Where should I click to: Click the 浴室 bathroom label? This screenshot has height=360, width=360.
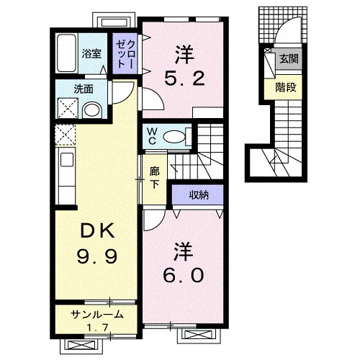point(91,53)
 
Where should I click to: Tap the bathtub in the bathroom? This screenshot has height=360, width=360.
point(66,53)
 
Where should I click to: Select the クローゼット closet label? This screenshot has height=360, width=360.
point(125,54)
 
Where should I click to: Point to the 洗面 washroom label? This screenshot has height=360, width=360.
point(84,89)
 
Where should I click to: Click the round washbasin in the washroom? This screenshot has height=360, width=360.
point(92,110)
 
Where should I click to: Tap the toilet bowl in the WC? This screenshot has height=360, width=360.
point(174,137)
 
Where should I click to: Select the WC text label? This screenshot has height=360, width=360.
point(153,136)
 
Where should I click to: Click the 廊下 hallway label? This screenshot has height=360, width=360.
point(154,178)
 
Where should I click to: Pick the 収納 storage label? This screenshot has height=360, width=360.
point(199,195)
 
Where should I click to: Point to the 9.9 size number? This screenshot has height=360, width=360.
point(97,256)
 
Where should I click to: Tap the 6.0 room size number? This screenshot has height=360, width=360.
point(184,275)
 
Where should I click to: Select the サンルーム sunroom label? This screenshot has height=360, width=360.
point(97,315)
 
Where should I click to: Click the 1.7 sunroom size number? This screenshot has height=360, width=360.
point(97,327)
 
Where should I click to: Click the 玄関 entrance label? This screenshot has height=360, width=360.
point(289,58)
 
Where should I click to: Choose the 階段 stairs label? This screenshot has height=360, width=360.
point(286,87)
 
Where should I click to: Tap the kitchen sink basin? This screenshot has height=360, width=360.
point(67,160)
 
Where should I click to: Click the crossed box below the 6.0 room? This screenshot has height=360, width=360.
point(199,335)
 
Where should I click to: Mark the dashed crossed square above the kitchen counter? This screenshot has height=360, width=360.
point(66,135)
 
